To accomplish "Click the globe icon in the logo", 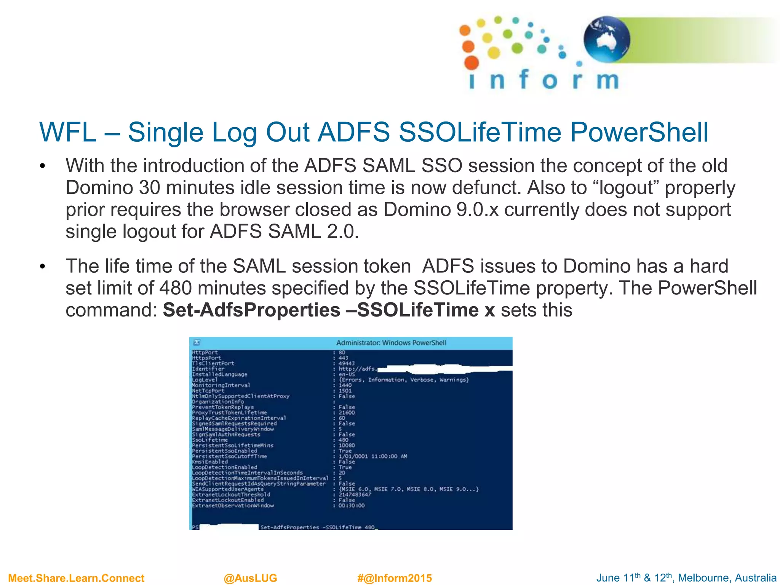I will tap(607, 39).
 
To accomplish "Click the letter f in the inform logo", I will tap(524, 79).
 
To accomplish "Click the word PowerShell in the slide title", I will tap(639, 132).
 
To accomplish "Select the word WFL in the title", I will tap(68, 132).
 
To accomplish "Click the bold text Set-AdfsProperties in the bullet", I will tap(251, 310).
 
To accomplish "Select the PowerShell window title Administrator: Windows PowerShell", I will tap(391, 343).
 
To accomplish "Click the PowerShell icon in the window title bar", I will tap(197, 342).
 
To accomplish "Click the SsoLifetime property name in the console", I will tap(210, 440).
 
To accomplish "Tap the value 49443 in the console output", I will tap(346, 363).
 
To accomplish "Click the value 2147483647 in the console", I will tap(355, 494).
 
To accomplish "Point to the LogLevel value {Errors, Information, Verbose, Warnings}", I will tap(404, 380).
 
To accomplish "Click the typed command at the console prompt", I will tap(317, 527).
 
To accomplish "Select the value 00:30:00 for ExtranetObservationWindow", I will tap(352, 505).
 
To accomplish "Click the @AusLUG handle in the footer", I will tap(250, 578).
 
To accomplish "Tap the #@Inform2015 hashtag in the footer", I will tap(395, 578).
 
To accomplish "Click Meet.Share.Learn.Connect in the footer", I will tap(76, 578).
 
